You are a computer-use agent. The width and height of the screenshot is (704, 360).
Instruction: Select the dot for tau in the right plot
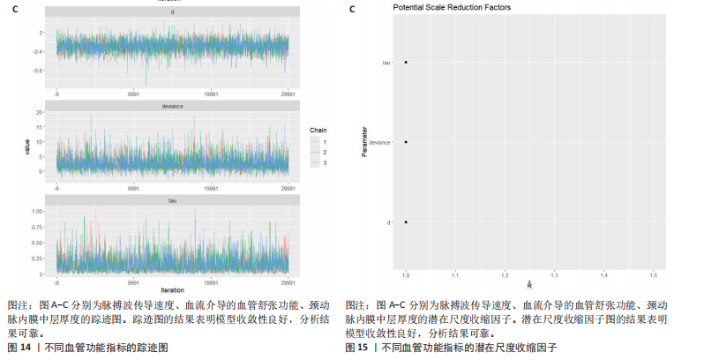[x=406, y=63]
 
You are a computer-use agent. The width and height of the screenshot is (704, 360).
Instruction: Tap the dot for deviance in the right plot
[x=406, y=142]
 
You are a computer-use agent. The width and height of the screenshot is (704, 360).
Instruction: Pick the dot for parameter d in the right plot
[x=406, y=222]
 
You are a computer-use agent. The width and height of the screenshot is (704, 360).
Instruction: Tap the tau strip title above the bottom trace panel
[x=172, y=201]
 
